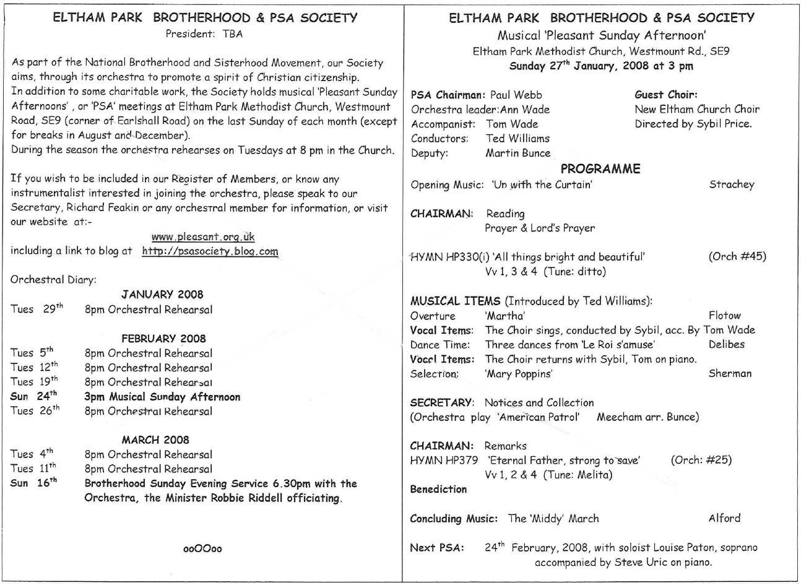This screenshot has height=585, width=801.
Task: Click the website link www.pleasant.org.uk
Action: pyautogui.click(x=203, y=236)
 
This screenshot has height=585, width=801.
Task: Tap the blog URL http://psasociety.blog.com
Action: pyautogui.click(x=210, y=251)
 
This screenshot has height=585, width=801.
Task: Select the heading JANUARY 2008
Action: pyautogui.click(x=162, y=295)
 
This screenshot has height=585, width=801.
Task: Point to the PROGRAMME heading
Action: pyautogui.click(x=600, y=169)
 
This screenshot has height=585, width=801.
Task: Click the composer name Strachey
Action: pyautogui.click(x=732, y=184)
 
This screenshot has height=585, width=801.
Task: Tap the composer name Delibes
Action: pyautogui.click(x=727, y=344)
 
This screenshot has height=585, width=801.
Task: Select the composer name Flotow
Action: pyautogui.click(x=724, y=315)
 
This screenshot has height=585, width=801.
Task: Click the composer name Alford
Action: pyautogui.click(x=724, y=518)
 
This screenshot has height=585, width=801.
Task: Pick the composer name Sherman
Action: pyautogui.click(x=730, y=373)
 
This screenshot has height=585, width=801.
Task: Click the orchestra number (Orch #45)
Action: pyautogui.click(x=737, y=256)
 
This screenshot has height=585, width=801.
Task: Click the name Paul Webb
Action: pyautogui.click(x=516, y=95)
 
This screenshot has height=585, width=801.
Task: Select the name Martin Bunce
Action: pyautogui.click(x=517, y=153)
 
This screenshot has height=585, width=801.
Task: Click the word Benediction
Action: pyautogui.click(x=438, y=489)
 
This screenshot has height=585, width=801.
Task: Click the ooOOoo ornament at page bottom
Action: pyautogui.click(x=202, y=548)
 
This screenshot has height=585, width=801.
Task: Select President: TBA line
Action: pyautogui.click(x=204, y=35)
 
